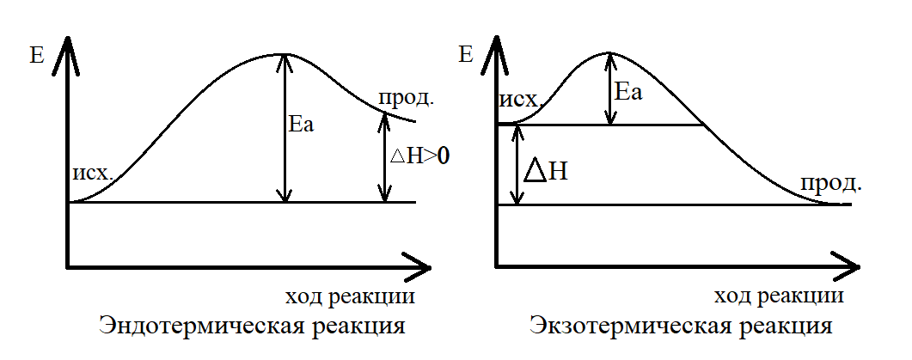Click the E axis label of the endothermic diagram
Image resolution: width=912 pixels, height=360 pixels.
37,58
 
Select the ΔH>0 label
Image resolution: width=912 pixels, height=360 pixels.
421,156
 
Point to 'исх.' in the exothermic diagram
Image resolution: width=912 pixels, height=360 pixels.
519,104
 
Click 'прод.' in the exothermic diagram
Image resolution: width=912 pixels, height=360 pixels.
831,183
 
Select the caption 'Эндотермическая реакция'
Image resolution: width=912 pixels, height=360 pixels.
252,326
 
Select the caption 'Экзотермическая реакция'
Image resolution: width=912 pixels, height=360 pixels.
680,326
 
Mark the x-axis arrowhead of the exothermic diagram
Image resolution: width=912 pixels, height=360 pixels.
847,265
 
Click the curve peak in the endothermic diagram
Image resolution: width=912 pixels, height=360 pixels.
283,54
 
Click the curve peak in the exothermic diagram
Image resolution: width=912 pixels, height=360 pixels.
609,52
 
